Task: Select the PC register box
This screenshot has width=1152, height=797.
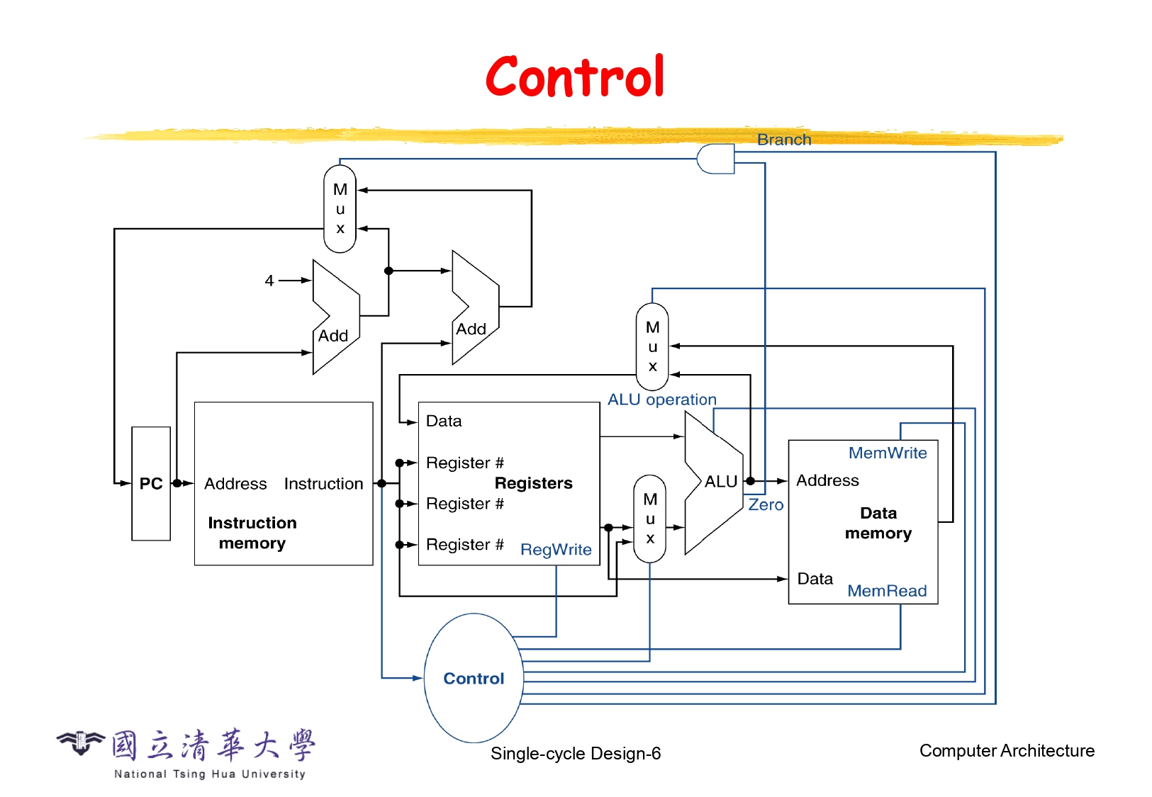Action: click(151, 484)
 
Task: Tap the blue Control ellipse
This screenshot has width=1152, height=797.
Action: click(474, 678)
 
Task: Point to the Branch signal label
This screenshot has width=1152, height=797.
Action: click(783, 140)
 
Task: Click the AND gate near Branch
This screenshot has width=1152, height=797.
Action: click(715, 159)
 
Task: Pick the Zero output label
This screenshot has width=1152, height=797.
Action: click(766, 505)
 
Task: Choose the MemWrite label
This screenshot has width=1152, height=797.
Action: click(888, 453)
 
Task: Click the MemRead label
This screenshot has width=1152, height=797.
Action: click(887, 591)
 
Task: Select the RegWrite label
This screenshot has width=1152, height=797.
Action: click(556, 550)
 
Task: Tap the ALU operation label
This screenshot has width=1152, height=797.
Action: click(661, 400)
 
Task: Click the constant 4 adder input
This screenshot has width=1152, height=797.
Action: click(269, 281)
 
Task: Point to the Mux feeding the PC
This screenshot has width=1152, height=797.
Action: click(340, 209)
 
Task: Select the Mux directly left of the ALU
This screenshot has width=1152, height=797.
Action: click(650, 519)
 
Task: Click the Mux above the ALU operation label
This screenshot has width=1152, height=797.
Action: click(652, 346)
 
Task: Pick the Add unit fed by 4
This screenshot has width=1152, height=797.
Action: click(335, 317)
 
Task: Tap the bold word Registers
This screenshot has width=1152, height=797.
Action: click(533, 483)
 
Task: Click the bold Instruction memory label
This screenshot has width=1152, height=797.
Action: click(252, 533)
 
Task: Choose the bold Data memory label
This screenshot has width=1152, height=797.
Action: click(878, 523)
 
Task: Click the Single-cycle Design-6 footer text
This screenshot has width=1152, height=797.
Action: click(575, 753)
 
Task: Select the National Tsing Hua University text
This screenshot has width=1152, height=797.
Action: click(210, 774)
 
